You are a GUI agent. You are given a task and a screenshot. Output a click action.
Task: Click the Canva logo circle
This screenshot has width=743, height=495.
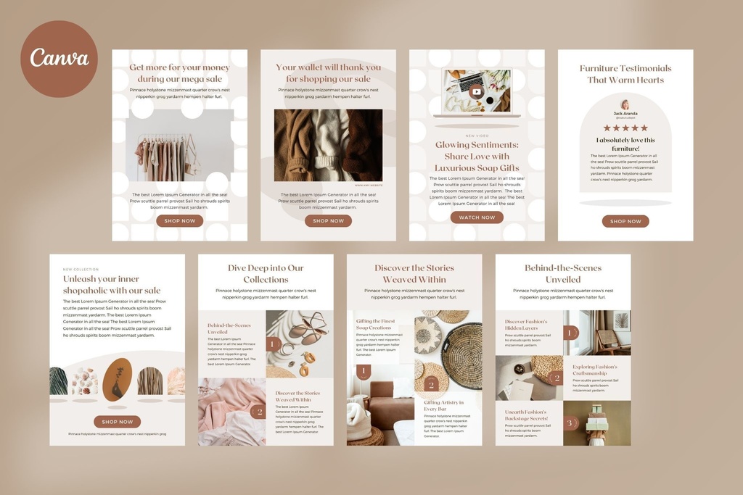[x=59, y=59]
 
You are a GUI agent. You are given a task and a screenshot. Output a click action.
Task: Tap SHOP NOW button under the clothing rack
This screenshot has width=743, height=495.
[x=179, y=221]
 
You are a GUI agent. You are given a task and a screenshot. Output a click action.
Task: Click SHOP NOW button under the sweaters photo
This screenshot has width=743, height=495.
[x=328, y=221]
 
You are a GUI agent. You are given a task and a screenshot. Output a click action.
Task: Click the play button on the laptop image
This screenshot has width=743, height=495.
[x=476, y=91]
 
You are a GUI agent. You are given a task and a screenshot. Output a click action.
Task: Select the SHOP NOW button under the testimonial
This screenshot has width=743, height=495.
[x=625, y=222]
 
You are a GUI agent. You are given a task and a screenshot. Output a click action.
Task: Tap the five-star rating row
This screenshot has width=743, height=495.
[x=625, y=128]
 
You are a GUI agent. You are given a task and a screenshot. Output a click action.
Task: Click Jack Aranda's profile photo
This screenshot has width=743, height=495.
[x=625, y=104]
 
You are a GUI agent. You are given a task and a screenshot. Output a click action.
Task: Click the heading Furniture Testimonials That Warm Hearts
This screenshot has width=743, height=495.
[x=625, y=74]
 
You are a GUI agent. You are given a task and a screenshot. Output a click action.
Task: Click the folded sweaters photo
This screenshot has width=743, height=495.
[x=328, y=145]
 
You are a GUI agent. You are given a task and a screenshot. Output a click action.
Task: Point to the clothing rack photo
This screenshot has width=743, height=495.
[x=179, y=149]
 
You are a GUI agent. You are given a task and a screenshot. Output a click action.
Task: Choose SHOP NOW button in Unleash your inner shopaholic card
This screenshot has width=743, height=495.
[x=117, y=422]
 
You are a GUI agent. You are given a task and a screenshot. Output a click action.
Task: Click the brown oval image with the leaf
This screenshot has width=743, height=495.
[x=118, y=379]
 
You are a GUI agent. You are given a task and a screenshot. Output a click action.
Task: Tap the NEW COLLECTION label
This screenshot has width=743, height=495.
[x=81, y=270]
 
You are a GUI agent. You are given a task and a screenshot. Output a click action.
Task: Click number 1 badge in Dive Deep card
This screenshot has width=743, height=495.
[x=274, y=344]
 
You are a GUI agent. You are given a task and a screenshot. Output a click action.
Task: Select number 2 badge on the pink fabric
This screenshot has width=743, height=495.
[x=258, y=412]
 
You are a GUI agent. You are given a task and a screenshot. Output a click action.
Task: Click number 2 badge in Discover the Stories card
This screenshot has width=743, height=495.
[x=431, y=385]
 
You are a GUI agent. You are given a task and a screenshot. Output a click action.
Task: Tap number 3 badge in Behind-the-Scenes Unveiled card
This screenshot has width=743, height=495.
[x=570, y=423]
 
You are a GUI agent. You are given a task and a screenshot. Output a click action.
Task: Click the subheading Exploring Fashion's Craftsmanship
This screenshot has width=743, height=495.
[x=595, y=370]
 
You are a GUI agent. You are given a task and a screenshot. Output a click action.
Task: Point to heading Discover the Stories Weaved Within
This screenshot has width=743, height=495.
[x=414, y=273]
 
